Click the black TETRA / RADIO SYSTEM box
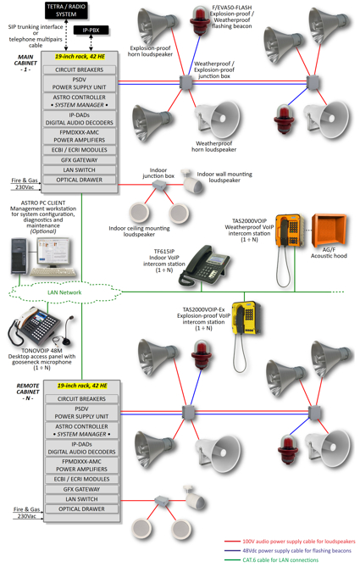click(66, 10)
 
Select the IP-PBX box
click(91, 30)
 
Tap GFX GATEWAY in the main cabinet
click(80, 160)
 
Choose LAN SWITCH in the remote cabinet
click(81, 499)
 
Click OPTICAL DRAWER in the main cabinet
click(80, 180)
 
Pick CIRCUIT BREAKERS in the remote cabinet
click(81, 399)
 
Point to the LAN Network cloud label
click(64, 292)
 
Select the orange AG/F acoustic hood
click(329, 230)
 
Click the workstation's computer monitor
click(53, 253)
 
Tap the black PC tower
click(19, 255)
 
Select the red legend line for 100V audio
click(232, 542)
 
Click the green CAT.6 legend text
click(280, 559)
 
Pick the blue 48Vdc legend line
click(232, 551)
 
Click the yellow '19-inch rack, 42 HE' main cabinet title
click(80, 57)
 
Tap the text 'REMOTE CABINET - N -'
click(28, 392)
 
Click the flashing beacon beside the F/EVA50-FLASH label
click(200, 20)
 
